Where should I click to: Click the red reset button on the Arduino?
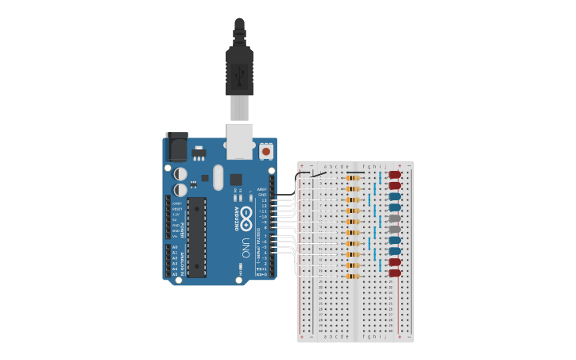coord(265,150)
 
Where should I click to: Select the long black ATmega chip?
coord(196,237)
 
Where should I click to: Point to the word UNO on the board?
coord(245,247)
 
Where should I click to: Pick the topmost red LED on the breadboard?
coord(395,175)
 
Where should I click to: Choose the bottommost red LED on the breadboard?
coord(395,273)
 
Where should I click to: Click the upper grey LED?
coord(395,219)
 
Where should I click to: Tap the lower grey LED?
coord(395,230)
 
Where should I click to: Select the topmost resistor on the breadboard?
coord(353,178)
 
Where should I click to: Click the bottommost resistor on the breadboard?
coord(353,276)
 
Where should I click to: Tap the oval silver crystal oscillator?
coord(218,177)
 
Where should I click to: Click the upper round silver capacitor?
coord(180,173)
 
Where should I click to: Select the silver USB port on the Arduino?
coord(239,140)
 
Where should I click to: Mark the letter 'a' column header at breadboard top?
coord(326,167)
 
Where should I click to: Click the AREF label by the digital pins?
coord(262,190)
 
